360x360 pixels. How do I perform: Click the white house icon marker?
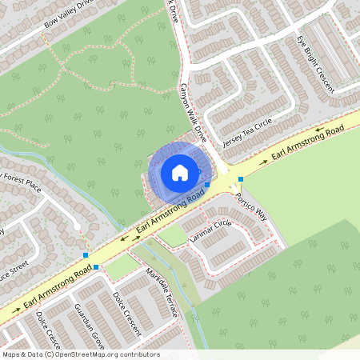click(x=180, y=172)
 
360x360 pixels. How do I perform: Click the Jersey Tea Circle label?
click(x=247, y=131)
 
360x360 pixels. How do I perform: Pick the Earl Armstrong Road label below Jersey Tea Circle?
click(x=307, y=139)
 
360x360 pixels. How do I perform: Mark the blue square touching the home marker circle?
click(x=207, y=184)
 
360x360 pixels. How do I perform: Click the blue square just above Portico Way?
click(x=240, y=179)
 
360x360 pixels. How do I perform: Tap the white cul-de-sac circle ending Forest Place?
click(x=77, y=227)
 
